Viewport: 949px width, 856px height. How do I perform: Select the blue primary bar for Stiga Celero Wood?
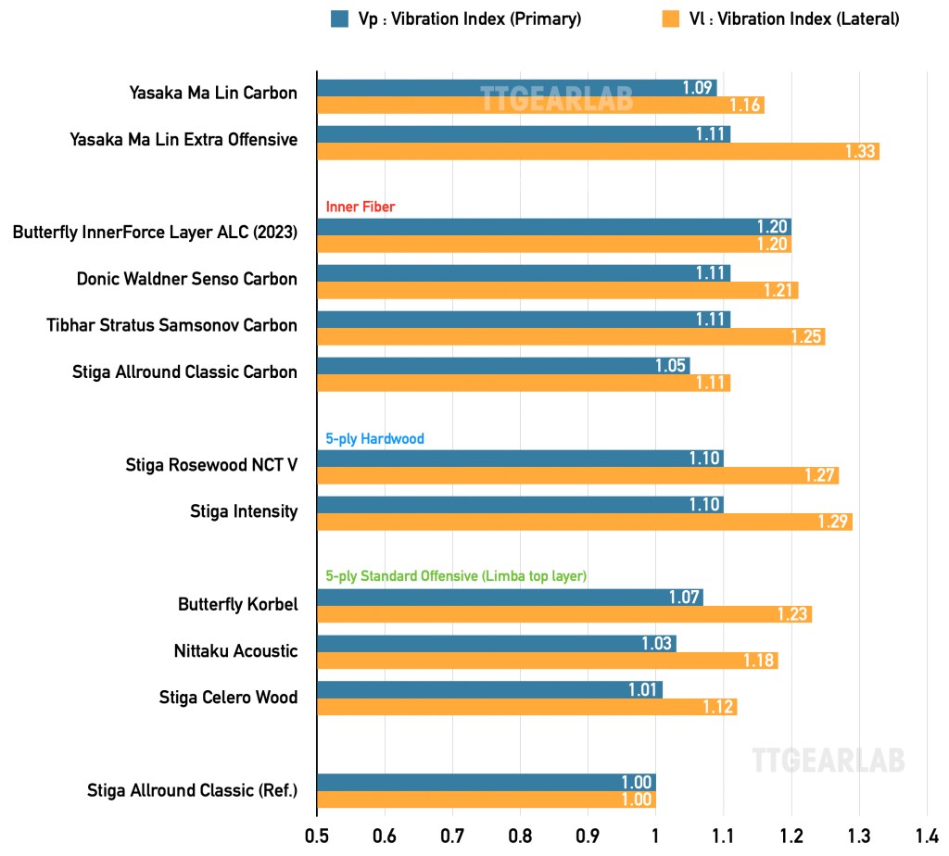coord(489,689)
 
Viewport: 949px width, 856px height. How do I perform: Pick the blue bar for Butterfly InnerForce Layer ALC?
coord(553,227)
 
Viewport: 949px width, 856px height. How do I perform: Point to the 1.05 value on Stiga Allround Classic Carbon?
coord(670,365)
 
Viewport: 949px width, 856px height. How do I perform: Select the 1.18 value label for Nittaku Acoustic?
coord(760,661)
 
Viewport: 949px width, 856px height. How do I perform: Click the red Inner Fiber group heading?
coord(361,207)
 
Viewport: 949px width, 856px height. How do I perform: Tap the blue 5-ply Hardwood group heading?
coord(374,438)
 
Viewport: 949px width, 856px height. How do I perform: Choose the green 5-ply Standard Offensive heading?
coord(456,576)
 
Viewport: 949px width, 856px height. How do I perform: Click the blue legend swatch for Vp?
coord(339,19)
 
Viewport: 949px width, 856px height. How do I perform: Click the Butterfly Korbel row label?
coord(238,604)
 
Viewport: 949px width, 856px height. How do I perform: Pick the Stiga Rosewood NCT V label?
coord(211,464)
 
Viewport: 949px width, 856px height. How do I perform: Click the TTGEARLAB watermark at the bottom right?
coord(828,760)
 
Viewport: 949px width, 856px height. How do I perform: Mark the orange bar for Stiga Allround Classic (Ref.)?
coord(486,799)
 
